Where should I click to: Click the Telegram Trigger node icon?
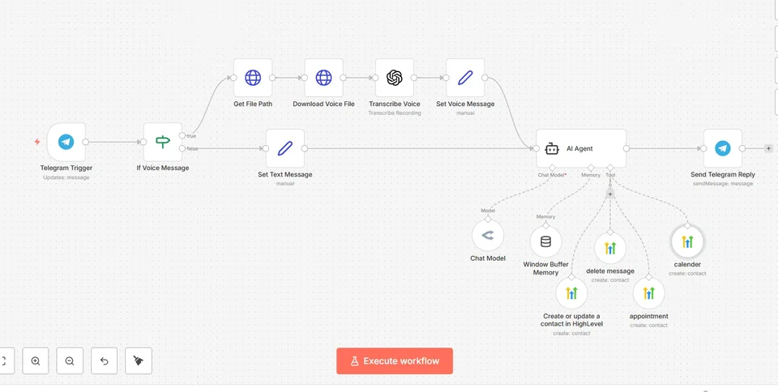click(x=66, y=143)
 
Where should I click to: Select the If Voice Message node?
click(x=163, y=143)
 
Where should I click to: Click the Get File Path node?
click(x=253, y=78)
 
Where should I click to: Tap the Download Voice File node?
click(x=323, y=78)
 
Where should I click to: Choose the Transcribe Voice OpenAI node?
click(x=395, y=78)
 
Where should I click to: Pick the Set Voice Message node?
click(x=465, y=78)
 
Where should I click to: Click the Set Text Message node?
click(x=285, y=148)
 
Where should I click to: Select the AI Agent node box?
click(x=581, y=149)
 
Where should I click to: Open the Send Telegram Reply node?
click(x=723, y=148)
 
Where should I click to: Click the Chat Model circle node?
click(x=488, y=236)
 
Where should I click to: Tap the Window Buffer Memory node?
click(x=545, y=242)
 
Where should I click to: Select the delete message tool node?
click(x=610, y=249)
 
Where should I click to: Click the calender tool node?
click(x=687, y=242)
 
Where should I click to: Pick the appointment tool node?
click(x=649, y=293)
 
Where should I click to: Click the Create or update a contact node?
click(x=571, y=293)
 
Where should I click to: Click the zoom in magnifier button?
click(x=36, y=360)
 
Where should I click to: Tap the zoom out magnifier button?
click(x=70, y=360)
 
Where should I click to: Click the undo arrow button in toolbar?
click(x=105, y=360)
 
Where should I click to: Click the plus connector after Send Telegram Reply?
click(x=768, y=148)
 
